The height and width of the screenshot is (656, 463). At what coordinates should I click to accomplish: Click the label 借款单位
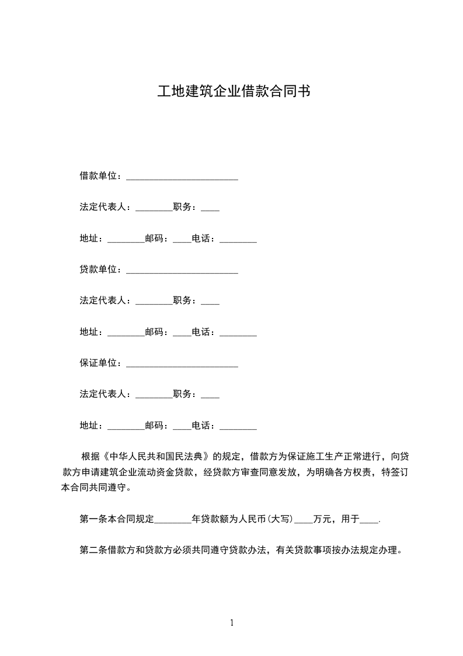point(98,175)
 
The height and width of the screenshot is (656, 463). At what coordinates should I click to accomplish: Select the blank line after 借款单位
point(182,177)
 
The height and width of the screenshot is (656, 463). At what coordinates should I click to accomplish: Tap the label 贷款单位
point(98,270)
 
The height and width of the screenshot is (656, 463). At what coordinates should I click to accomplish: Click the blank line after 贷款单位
point(182,271)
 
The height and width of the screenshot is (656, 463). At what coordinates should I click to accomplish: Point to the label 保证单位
point(98,363)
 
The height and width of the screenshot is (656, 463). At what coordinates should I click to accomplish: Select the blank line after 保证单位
point(182,365)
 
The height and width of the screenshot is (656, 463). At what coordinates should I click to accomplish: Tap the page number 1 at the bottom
point(232,623)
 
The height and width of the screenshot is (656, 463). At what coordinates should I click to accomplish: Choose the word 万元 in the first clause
point(322,519)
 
